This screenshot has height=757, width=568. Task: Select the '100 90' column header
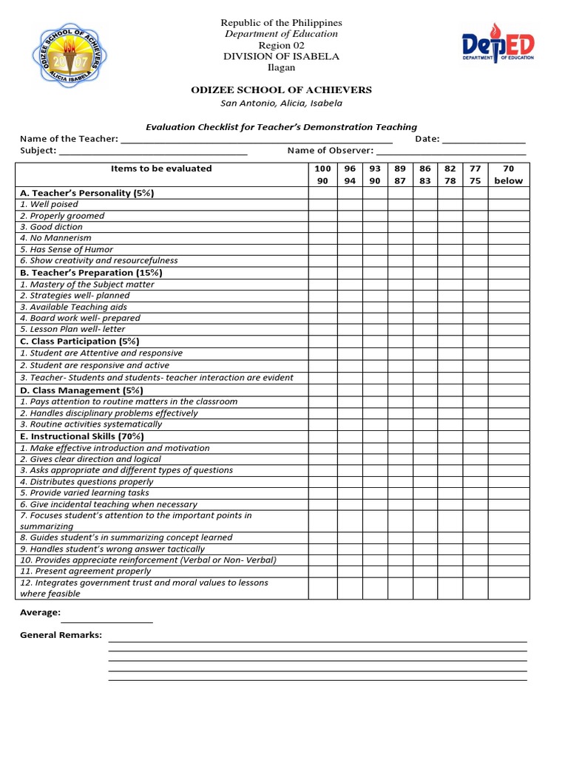click(322, 174)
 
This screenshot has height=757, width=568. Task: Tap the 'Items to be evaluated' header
click(161, 169)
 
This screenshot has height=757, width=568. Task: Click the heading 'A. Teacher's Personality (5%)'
click(87, 193)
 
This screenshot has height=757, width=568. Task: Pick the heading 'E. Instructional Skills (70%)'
click(82, 436)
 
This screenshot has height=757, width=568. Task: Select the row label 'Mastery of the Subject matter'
click(87, 284)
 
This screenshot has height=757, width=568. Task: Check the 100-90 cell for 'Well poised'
click(322, 205)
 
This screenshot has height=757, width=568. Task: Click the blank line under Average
click(106, 621)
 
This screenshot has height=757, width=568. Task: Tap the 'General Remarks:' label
click(61, 635)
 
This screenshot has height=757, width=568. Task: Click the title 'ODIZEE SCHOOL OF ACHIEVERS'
click(281, 90)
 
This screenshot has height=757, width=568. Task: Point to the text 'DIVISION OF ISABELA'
click(281, 57)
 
